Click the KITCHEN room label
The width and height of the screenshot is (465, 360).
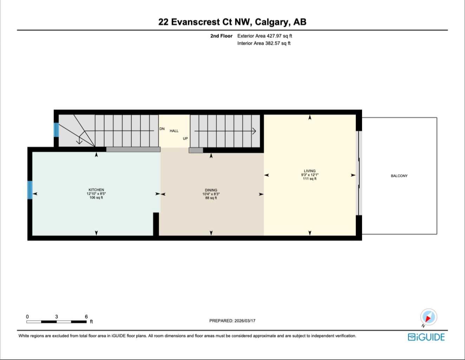(96, 190)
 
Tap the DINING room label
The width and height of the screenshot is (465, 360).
(211, 190)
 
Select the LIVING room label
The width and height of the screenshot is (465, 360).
(309, 171)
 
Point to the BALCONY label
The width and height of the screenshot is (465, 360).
(399, 176)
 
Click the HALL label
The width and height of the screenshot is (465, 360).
(174, 131)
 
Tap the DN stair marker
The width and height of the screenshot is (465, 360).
(162, 129)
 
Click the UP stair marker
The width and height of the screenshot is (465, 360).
(185, 139)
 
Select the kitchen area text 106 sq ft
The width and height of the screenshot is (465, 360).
(96, 198)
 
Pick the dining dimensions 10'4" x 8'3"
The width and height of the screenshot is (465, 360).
(211, 194)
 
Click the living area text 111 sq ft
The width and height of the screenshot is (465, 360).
(309, 179)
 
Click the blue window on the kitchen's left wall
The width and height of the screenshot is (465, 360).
(30, 190)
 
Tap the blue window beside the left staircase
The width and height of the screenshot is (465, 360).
(56, 130)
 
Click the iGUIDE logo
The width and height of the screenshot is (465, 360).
(426, 337)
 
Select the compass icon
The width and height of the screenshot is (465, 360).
(428, 317)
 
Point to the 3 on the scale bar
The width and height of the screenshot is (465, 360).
(57, 317)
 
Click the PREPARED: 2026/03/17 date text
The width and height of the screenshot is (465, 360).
(232, 321)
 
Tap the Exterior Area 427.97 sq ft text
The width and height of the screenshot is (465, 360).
(264, 36)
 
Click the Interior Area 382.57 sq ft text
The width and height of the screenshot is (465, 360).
(264, 43)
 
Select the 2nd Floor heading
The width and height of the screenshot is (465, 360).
(221, 36)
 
